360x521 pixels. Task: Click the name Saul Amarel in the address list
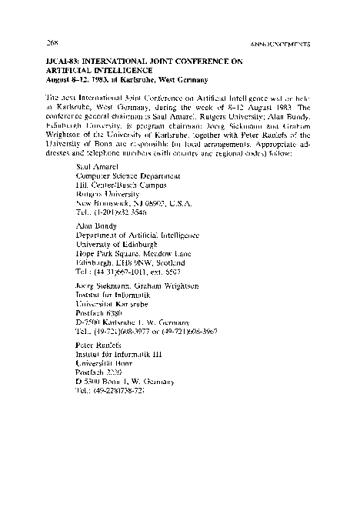tap(95, 165)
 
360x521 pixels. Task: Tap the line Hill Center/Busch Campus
tap(117, 185)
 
